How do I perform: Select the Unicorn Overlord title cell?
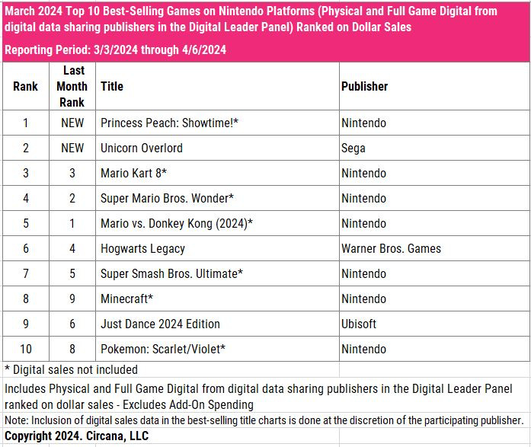tap(142, 148)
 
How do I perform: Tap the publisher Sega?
tap(353, 148)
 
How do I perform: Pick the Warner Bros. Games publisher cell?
tap(391, 248)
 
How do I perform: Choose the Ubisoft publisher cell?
tap(359, 324)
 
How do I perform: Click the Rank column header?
tap(25, 86)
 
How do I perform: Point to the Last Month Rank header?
tap(72, 86)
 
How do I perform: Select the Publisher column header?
tap(364, 86)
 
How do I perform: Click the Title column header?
tap(112, 86)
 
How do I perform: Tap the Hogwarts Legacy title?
tap(142, 248)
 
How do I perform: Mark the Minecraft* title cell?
tap(127, 299)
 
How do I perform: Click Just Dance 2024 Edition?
tap(160, 324)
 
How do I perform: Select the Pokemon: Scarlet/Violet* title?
tap(163, 349)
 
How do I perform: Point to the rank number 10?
tap(25, 349)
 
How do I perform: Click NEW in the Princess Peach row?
tap(72, 123)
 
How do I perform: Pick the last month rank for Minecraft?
tap(72, 299)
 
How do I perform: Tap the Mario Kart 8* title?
tap(133, 173)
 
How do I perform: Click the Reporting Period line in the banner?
tap(114, 50)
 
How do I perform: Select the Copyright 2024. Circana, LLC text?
tap(76, 436)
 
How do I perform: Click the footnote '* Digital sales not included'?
tap(71, 369)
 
